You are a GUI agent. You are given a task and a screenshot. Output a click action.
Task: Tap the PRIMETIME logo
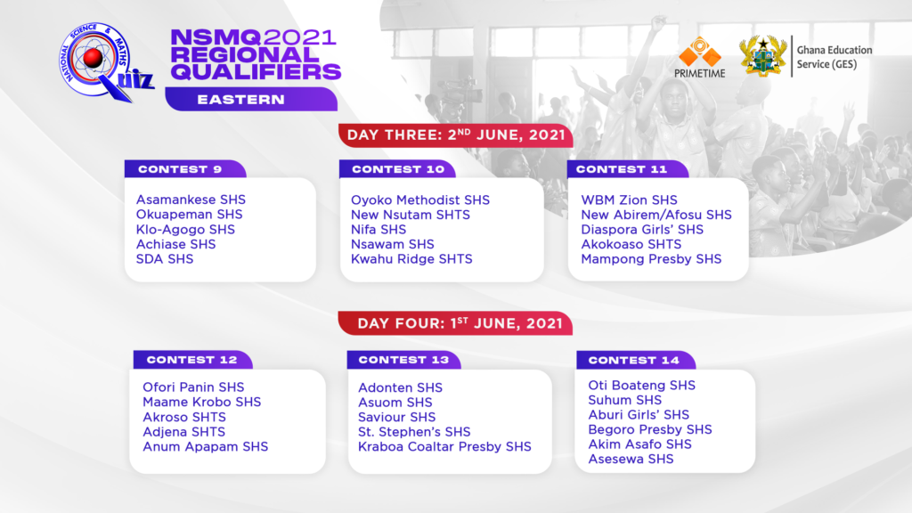pos(700,58)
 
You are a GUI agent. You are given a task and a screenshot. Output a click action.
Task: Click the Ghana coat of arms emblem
pos(762,56)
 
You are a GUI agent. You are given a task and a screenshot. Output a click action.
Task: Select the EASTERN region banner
pos(251,100)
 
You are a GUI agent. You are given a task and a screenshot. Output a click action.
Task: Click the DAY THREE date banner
pos(455,135)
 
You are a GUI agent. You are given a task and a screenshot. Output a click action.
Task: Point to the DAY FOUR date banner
pos(455,323)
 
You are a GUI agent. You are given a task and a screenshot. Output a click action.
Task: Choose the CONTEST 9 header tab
pos(185,169)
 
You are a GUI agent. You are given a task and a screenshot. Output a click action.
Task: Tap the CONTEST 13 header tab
pos(403,360)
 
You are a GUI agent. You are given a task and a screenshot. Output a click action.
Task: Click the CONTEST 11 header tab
pos(628,169)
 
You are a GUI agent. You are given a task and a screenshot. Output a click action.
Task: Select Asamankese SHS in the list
pos(191,199)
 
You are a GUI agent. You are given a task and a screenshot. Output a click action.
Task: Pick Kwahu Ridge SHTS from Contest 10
pos(411,259)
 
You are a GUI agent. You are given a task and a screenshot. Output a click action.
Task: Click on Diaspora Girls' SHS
pos(642,229)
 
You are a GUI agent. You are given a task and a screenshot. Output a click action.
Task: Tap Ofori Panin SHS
pos(193,387)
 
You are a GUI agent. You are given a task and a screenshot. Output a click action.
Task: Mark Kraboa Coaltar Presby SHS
pos(444,447)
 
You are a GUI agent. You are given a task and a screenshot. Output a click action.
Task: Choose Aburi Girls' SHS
pos(639,415)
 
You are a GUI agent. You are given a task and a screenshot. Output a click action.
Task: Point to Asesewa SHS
pos(631,459)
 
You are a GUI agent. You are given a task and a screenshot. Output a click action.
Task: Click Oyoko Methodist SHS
pos(420,200)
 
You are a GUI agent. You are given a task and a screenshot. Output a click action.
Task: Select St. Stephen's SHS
pos(414,432)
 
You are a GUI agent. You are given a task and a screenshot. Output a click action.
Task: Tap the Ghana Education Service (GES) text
pos(834,57)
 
